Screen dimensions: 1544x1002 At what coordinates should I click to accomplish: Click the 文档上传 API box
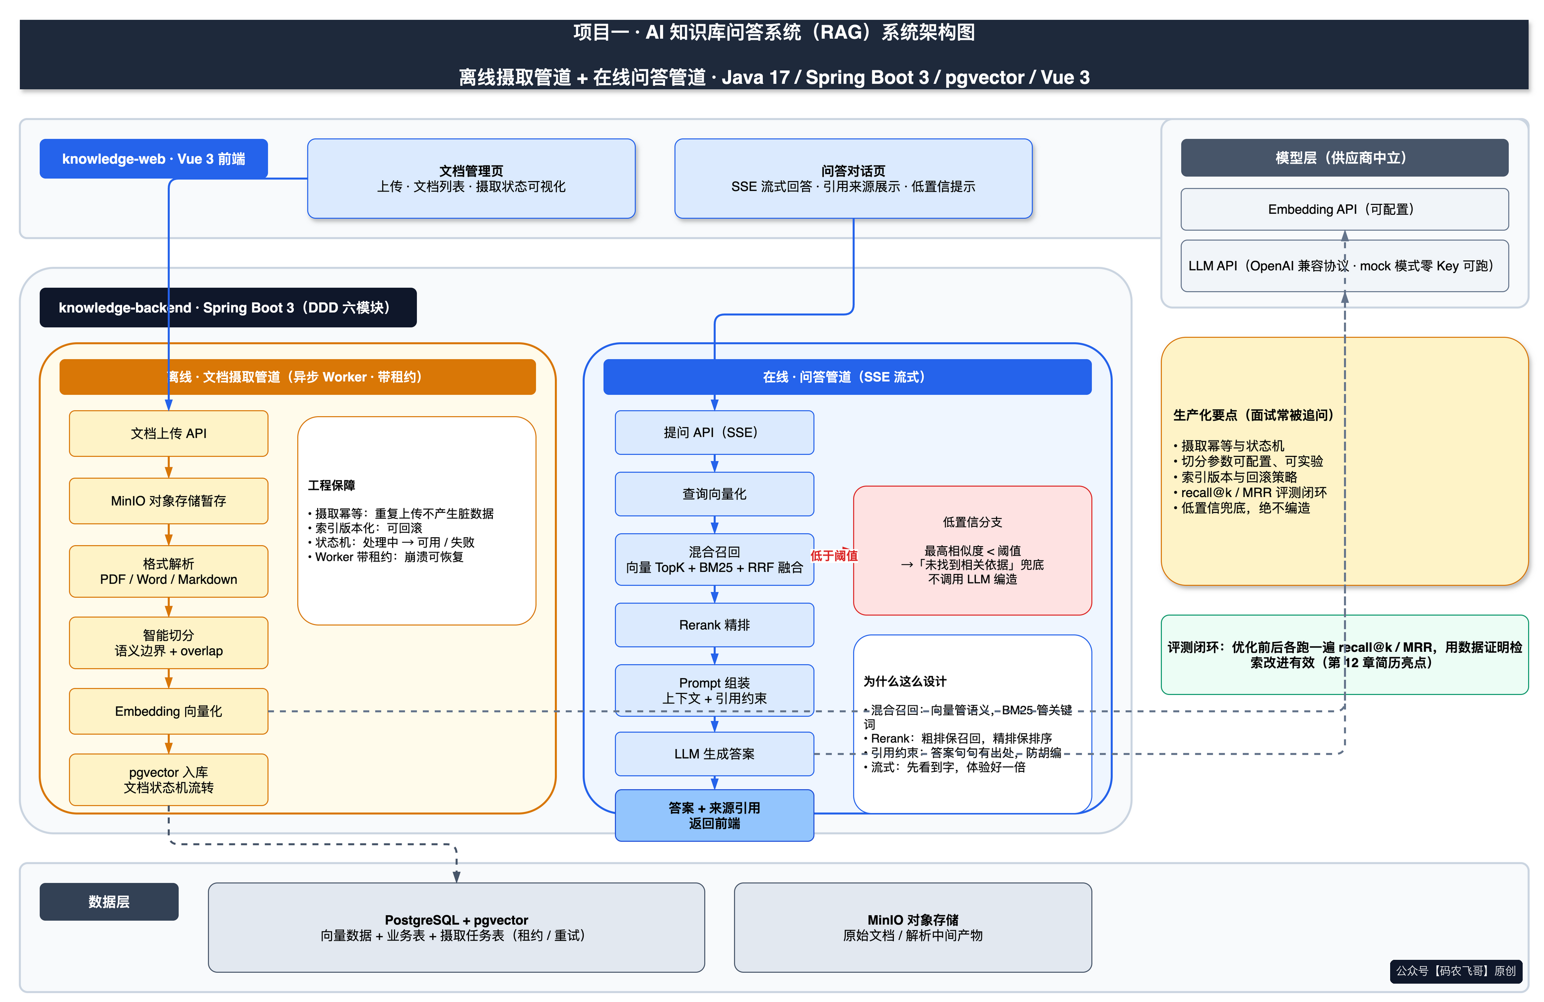tap(169, 433)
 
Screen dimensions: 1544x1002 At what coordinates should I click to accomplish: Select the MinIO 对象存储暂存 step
tap(169, 501)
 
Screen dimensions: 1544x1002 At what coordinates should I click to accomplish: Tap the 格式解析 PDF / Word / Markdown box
tap(169, 571)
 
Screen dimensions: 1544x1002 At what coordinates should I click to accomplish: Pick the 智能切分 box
tap(169, 643)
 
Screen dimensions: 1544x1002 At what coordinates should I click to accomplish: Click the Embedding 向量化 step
tap(169, 711)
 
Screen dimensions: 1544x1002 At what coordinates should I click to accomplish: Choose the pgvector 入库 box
tap(169, 780)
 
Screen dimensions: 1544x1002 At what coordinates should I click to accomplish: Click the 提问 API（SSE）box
tap(714, 433)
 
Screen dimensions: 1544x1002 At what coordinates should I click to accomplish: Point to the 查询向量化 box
tap(714, 494)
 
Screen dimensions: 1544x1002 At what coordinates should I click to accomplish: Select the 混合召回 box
tap(714, 560)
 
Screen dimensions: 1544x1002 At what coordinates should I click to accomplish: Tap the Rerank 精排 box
tap(714, 625)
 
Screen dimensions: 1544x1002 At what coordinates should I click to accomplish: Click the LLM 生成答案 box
tap(714, 753)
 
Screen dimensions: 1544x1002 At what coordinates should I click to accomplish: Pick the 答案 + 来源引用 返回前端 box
tap(714, 815)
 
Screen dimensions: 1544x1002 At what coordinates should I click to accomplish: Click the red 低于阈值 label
tap(834, 555)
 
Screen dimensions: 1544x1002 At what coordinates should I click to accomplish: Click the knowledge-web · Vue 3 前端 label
tap(154, 159)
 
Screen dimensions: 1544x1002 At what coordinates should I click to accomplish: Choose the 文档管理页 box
tap(471, 179)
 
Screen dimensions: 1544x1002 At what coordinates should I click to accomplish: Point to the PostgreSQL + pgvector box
tap(456, 928)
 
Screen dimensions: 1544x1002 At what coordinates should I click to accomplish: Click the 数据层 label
tap(109, 901)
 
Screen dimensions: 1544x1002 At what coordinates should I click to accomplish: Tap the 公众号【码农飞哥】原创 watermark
tap(1456, 971)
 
